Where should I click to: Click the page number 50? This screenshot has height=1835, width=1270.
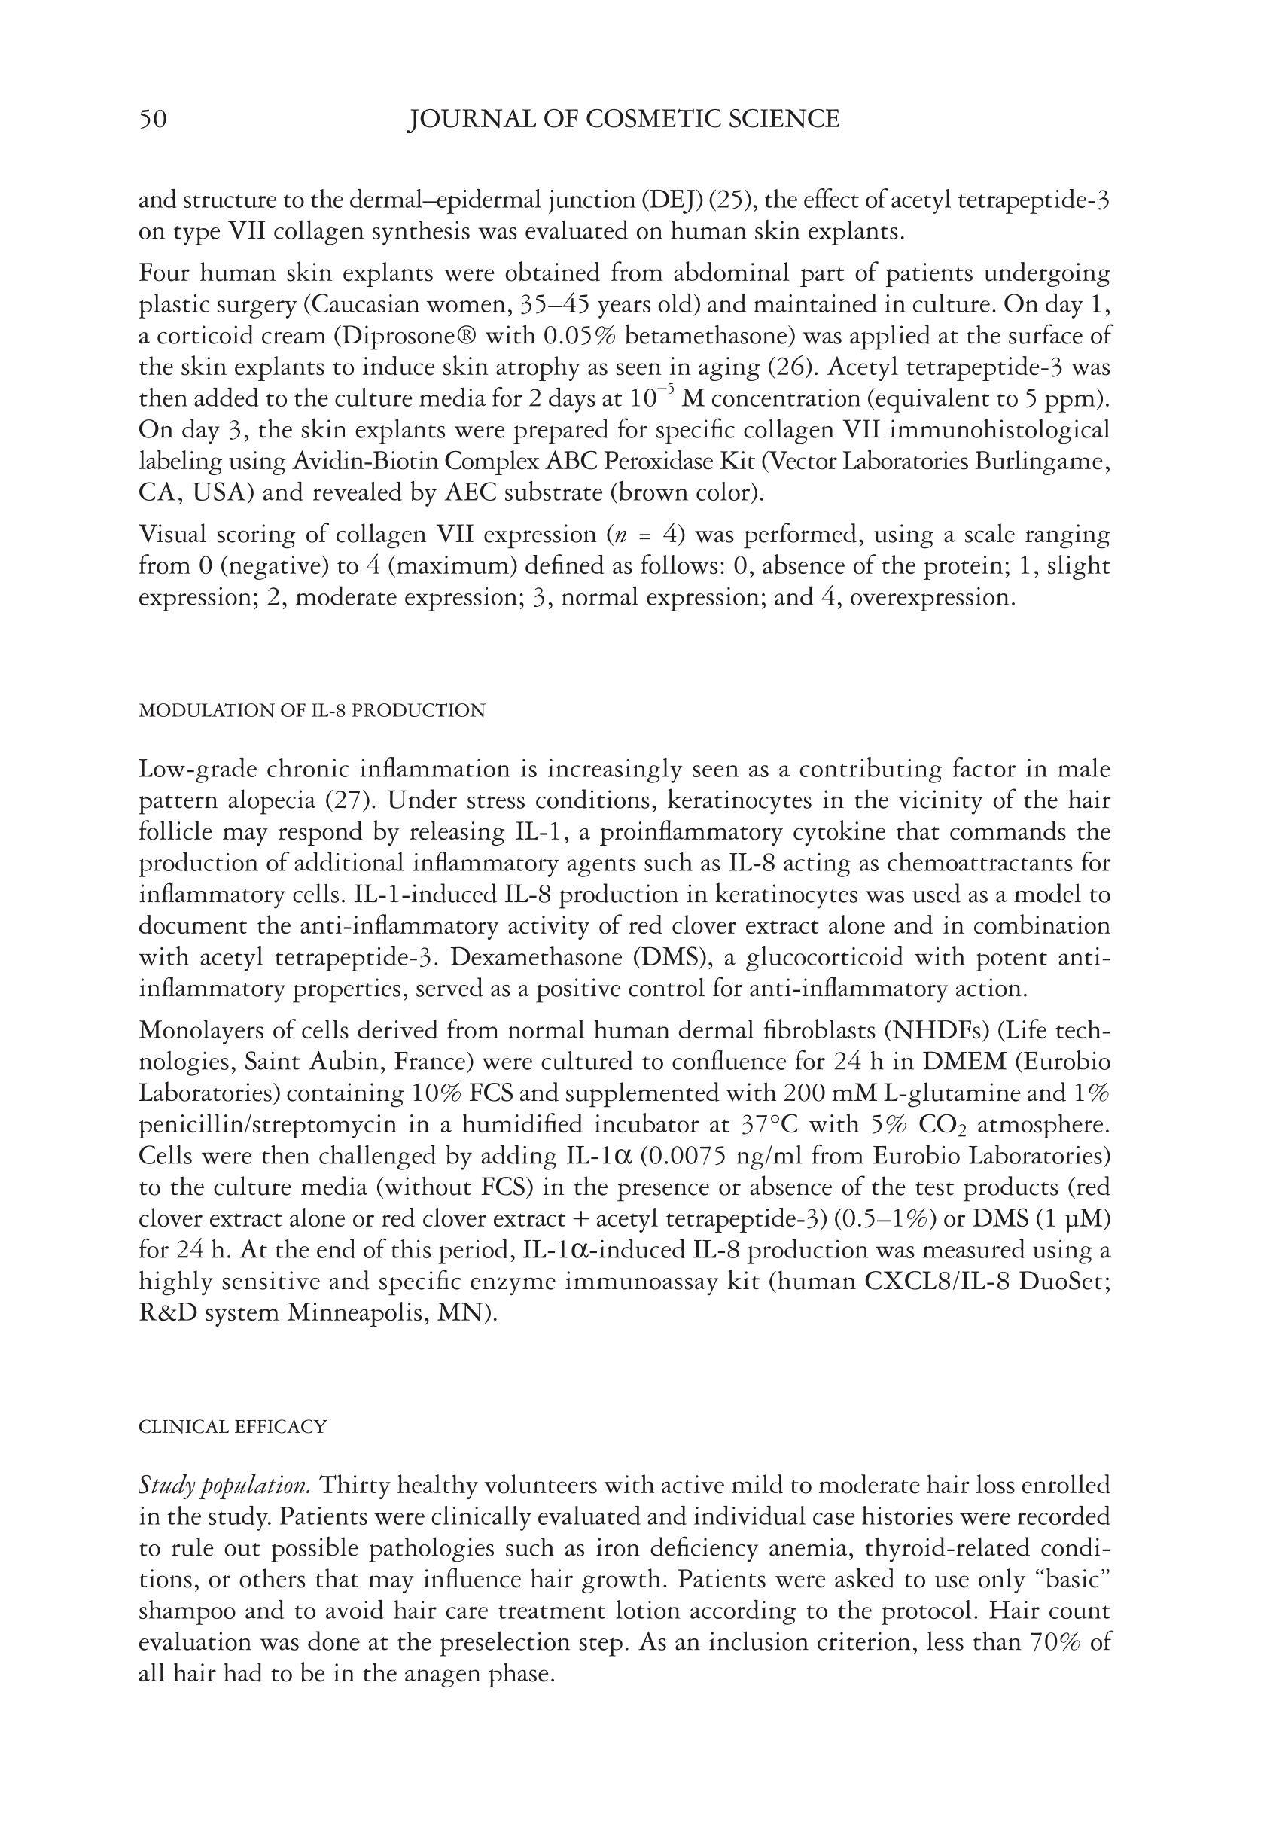[x=153, y=120]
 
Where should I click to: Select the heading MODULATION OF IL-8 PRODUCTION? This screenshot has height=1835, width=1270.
[x=311, y=711]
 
